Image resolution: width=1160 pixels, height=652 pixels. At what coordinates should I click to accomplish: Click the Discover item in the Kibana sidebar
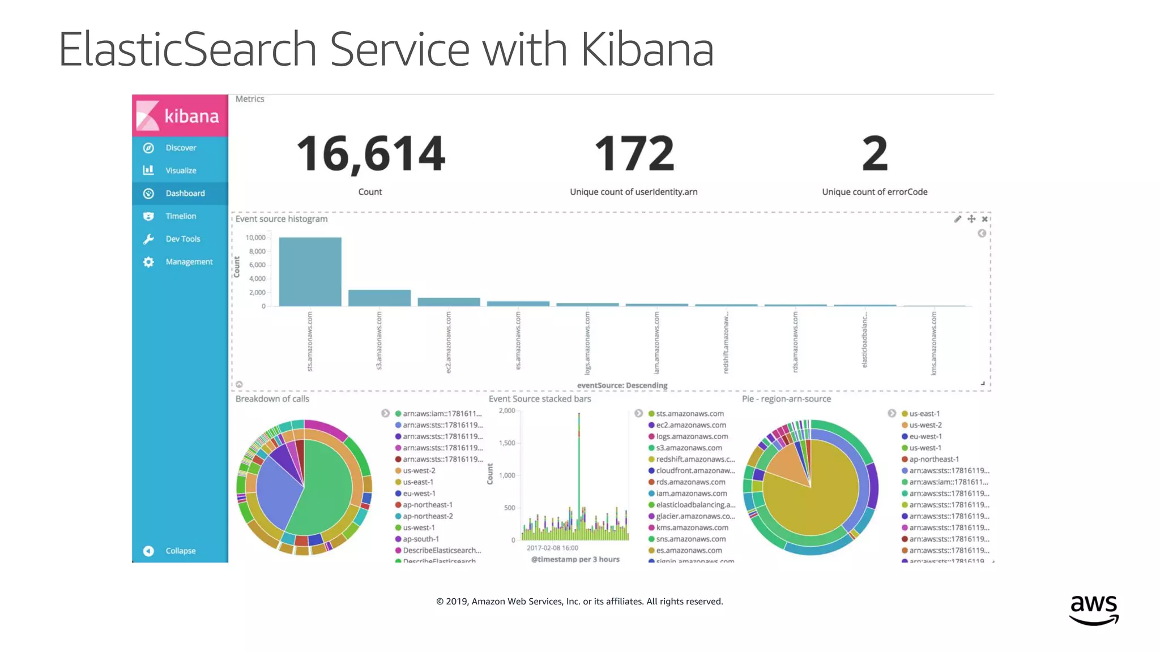(x=180, y=148)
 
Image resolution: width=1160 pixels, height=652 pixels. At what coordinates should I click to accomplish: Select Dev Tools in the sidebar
(x=182, y=239)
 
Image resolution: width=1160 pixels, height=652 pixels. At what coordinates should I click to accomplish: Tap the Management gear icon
(x=148, y=262)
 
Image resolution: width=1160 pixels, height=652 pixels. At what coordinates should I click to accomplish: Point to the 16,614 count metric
(x=370, y=154)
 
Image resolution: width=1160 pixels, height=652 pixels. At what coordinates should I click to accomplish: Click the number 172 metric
(x=634, y=154)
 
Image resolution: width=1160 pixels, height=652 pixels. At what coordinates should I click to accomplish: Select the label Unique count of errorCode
(x=874, y=192)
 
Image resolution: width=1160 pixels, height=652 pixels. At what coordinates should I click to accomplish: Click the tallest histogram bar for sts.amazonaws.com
(x=310, y=272)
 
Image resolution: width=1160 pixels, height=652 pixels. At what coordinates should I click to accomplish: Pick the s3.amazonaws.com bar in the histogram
(x=379, y=298)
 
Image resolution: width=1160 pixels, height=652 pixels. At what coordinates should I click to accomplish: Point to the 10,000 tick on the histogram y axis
(x=255, y=238)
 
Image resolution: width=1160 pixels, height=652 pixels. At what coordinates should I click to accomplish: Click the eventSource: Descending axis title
(x=622, y=385)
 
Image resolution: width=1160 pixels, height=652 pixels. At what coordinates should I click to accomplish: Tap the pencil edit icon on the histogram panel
(x=957, y=219)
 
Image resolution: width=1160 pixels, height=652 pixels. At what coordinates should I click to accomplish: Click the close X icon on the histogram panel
(x=984, y=219)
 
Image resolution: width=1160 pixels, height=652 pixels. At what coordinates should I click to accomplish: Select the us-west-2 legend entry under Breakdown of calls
(x=419, y=471)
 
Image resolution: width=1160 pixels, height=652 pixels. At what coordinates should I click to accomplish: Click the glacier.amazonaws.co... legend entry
(x=695, y=516)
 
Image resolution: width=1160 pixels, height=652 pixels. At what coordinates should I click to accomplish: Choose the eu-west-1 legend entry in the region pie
(x=925, y=436)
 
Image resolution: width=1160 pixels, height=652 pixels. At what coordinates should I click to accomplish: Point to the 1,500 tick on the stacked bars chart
(x=507, y=443)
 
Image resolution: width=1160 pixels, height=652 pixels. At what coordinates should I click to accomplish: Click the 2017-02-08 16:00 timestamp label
(x=552, y=548)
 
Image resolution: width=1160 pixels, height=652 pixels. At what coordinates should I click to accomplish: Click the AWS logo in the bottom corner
(x=1093, y=610)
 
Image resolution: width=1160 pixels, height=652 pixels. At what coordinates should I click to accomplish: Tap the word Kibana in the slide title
(x=647, y=50)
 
